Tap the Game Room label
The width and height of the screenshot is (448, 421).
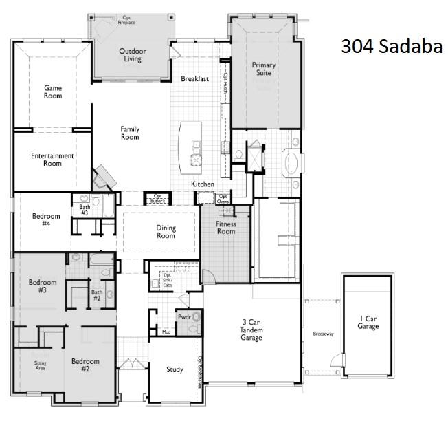(53, 91)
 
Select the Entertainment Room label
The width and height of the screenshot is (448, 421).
(52, 160)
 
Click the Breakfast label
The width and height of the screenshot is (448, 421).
(194, 79)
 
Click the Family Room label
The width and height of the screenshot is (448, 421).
(130, 133)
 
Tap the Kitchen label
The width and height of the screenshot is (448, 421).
(203, 184)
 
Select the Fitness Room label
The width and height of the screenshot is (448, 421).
(225, 228)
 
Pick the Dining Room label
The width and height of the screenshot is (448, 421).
(166, 232)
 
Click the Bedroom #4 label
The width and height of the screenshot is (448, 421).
(46, 220)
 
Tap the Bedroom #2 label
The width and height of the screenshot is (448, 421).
(85, 365)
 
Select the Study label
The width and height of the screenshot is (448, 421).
(175, 370)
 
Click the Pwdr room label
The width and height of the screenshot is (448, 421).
(184, 318)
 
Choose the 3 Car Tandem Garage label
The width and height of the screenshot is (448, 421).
(251, 330)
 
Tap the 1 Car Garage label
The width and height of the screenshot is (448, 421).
(368, 322)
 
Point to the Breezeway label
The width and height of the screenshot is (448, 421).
(322, 334)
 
